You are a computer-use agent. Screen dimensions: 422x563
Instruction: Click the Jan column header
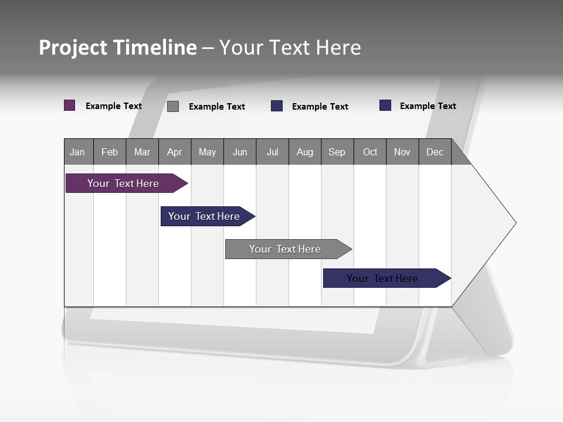click(78, 152)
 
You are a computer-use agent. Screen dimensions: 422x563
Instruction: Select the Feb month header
click(110, 152)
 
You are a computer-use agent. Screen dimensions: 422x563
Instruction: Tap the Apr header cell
click(175, 152)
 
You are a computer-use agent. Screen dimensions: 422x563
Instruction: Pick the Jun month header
click(240, 152)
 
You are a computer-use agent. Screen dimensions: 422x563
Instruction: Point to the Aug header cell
click(305, 152)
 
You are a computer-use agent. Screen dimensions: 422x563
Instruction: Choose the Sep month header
click(337, 152)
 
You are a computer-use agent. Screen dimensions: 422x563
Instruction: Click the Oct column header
click(370, 152)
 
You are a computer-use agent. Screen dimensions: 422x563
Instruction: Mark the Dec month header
click(435, 152)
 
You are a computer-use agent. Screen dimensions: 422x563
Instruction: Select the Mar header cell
click(142, 152)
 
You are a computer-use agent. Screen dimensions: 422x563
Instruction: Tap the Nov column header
click(402, 152)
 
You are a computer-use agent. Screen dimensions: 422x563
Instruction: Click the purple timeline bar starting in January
click(124, 183)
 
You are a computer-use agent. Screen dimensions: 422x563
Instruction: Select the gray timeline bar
click(286, 249)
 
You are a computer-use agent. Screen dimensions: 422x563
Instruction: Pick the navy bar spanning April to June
click(205, 216)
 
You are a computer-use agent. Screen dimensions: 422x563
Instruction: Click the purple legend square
click(70, 105)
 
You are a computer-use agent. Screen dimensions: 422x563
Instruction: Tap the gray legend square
click(173, 106)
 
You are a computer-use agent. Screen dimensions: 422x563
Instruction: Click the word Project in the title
click(73, 47)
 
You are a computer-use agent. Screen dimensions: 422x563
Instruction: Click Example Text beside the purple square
click(114, 106)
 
